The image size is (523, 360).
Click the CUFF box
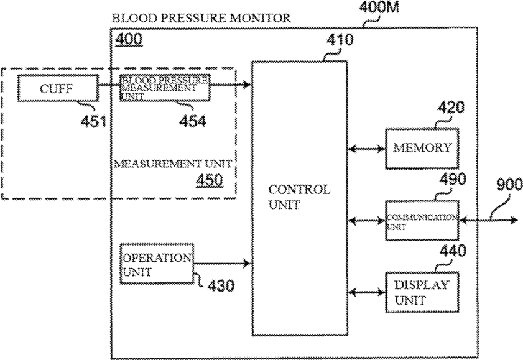[x=58, y=88]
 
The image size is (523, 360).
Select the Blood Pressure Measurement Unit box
[x=165, y=88]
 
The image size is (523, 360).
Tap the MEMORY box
[x=422, y=149]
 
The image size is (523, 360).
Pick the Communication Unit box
[x=422, y=220]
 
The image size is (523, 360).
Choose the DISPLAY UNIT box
[x=422, y=292]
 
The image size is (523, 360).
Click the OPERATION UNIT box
[x=157, y=264]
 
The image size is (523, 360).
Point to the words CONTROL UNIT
[x=299, y=196]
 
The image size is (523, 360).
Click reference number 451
[x=93, y=122]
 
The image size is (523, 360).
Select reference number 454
[x=192, y=121]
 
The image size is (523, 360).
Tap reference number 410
[x=340, y=40]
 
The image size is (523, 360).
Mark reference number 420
[x=451, y=108]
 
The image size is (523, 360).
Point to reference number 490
[x=453, y=179]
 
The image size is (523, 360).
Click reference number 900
[x=509, y=184]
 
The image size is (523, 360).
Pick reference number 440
[x=453, y=251]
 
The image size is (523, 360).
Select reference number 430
[x=221, y=285]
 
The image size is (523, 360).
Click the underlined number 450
[x=210, y=181]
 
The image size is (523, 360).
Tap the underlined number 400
[x=129, y=39]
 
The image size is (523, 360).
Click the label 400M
[x=379, y=7]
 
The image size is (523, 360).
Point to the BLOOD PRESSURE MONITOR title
[x=201, y=17]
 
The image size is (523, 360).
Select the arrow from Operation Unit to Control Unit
[x=222, y=264]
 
